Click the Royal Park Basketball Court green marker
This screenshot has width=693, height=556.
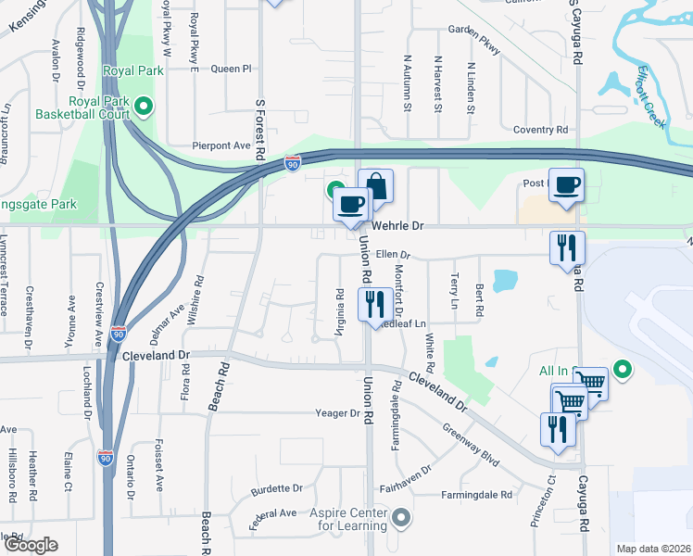point(144,107)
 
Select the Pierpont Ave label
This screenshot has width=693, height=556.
point(221,145)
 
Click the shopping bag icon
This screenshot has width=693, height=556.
point(375,186)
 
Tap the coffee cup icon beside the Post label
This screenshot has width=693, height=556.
point(566,184)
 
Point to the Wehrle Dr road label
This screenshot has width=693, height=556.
point(397,225)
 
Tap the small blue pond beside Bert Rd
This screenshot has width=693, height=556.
point(505,280)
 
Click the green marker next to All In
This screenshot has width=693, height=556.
point(623,371)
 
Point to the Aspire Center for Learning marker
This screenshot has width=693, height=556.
point(400,516)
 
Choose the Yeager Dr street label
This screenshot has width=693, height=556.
point(336,413)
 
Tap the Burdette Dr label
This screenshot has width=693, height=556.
point(277,487)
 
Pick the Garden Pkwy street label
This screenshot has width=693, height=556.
point(472,42)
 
